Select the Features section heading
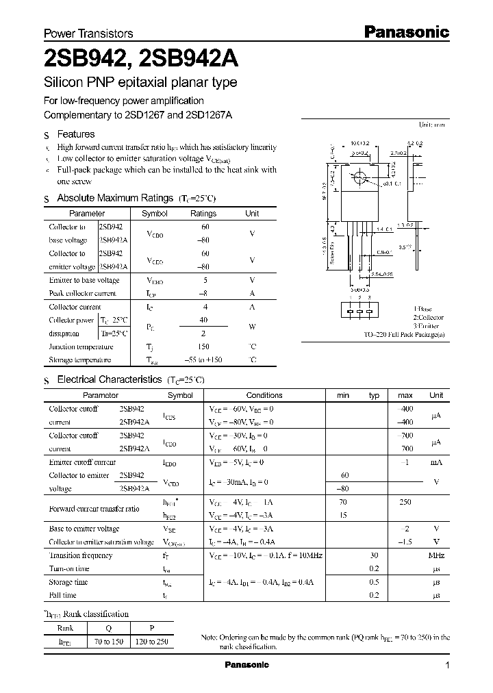(x=75, y=134)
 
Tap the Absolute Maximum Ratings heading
(x=114, y=198)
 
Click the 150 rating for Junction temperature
(x=204, y=346)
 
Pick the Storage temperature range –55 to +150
(x=204, y=360)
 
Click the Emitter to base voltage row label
(x=84, y=280)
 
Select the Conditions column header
(x=264, y=395)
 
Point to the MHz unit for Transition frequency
(x=436, y=555)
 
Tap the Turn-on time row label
(x=70, y=568)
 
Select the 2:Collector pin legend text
(x=428, y=318)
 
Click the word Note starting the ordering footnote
(x=209, y=638)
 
